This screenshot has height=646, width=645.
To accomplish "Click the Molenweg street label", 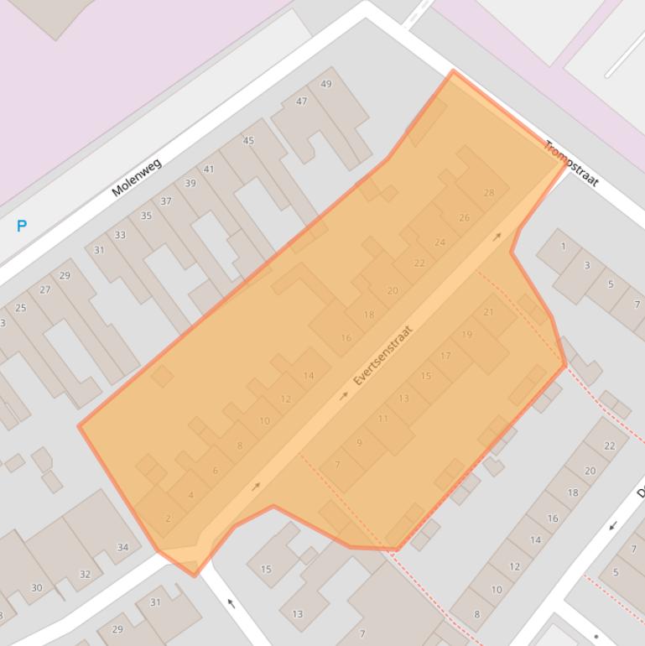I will (136, 177).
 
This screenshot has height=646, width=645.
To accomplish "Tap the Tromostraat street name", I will (571, 164).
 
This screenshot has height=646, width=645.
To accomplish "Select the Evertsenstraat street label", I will (384, 355).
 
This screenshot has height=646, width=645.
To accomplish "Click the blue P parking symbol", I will (22, 226).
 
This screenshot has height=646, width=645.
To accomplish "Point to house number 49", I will (326, 84).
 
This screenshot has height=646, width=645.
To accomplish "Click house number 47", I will (301, 102).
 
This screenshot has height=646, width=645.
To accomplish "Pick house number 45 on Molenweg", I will (248, 141).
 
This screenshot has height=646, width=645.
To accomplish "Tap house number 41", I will (209, 169).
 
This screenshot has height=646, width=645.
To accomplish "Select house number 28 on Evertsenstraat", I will (489, 193).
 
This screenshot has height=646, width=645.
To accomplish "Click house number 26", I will (464, 217).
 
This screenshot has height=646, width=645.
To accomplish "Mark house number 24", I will (440, 242).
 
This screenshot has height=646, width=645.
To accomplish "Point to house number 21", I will (489, 312).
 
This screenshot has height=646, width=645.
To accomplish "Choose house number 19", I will (467, 334).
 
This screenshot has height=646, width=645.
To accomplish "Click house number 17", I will (445, 356).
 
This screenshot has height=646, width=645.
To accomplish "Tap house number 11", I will (383, 418).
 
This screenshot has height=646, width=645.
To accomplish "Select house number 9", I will (359, 442).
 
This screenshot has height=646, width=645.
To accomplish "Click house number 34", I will (123, 548).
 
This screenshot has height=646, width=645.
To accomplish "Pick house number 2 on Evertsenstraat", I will (168, 518).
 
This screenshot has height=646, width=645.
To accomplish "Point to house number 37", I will (166, 201).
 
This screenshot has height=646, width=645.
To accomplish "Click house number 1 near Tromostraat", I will (563, 246).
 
